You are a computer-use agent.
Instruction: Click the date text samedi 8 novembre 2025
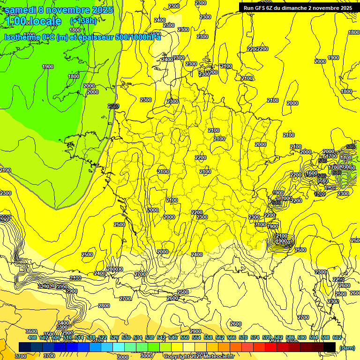pyautogui.click(x=59, y=10)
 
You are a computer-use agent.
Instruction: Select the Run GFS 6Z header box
pyautogui.click(x=298, y=7)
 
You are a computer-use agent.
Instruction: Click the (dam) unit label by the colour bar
pyautogui.click(x=347, y=347)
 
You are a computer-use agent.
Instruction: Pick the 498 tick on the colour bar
pyautogui.click(x=32, y=337)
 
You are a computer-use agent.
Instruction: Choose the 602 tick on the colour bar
pyautogui.click(x=337, y=337)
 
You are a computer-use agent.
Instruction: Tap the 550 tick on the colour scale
pyautogui.click(x=184, y=337)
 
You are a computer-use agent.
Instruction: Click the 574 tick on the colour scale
pyautogui.click(x=255, y=337)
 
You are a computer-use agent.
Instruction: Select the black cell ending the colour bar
pyautogui.click(x=330, y=347)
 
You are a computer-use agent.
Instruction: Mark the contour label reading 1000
pyautogui.click(x=152, y=210)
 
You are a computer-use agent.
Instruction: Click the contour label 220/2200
pyautogui.click(x=257, y=49)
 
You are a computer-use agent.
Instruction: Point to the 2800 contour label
pyautogui.click(x=104, y=306)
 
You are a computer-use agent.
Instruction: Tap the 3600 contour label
pyautogui.click(x=31, y=331)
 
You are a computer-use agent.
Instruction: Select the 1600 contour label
pyautogui.click(x=312, y=173)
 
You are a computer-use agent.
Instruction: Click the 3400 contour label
pyautogui.click(x=63, y=323)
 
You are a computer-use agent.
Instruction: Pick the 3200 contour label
pyautogui.click(x=44, y=286)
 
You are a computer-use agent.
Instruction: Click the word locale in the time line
pyautogui.click(x=45, y=21)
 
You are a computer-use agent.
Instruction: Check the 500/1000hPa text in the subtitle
pyautogui.click(x=136, y=37)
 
